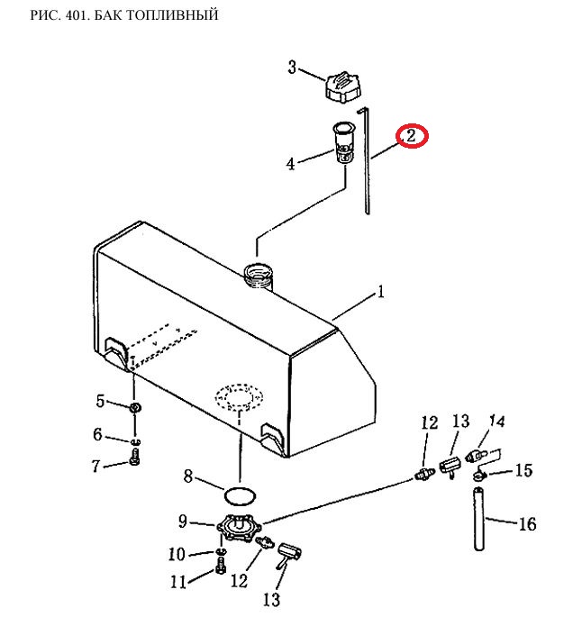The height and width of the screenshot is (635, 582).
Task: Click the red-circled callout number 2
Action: (412, 136)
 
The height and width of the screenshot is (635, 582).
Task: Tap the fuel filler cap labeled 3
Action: (342, 86)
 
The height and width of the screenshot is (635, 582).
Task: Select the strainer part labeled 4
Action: (344, 143)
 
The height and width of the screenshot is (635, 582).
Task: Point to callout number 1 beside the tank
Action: (380, 292)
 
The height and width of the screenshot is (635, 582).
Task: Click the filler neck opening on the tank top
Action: (259, 276)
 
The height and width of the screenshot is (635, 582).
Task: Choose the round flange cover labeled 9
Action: (239, 527)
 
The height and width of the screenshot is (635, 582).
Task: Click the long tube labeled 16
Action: (479, 519)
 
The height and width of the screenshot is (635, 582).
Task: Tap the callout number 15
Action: (523, 470)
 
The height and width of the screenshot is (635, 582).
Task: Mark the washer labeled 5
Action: (135, 408)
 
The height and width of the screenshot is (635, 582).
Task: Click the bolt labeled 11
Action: (221, 566)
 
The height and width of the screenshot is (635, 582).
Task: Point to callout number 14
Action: (497, 422)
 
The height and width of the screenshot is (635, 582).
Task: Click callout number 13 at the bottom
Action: (271, 600)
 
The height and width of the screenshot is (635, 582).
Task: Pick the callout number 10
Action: (177, 554)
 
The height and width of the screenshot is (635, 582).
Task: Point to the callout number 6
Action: (97, 434)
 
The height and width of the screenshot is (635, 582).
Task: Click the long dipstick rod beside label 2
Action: (366, 160)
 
